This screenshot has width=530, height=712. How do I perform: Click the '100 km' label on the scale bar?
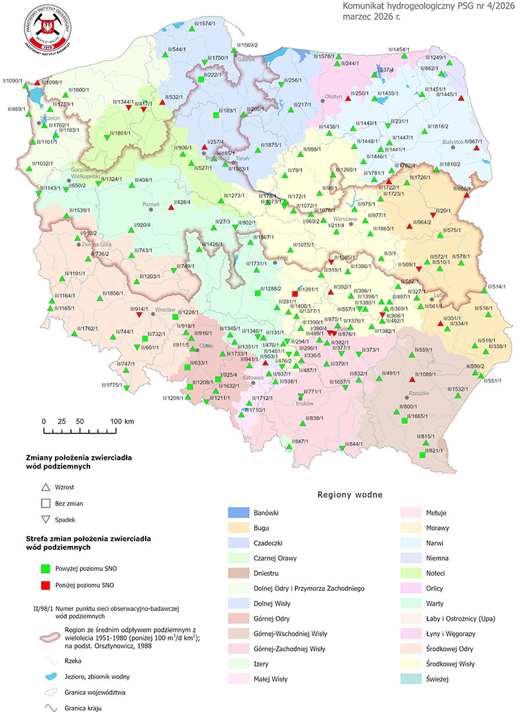point(122,422)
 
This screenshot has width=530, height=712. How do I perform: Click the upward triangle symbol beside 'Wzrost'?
point(45,486)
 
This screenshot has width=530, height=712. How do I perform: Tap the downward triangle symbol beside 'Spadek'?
point(45,519)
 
